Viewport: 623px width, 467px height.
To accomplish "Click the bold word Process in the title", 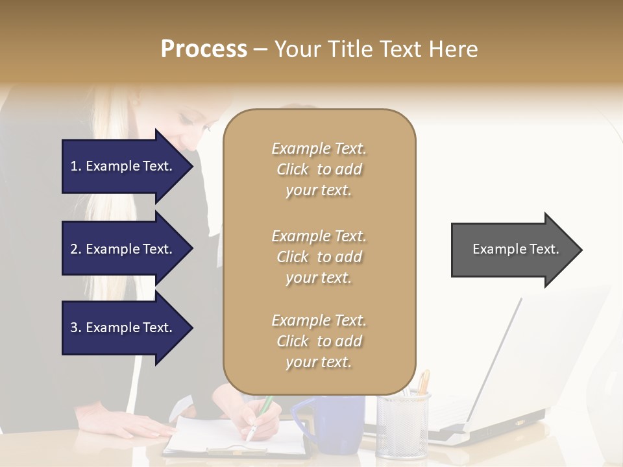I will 204,49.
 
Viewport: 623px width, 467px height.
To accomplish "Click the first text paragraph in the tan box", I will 319,169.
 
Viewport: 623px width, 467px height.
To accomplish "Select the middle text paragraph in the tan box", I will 319,257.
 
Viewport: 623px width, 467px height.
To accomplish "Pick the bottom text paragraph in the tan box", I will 319,341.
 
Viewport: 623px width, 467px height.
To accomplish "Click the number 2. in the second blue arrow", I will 76,249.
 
